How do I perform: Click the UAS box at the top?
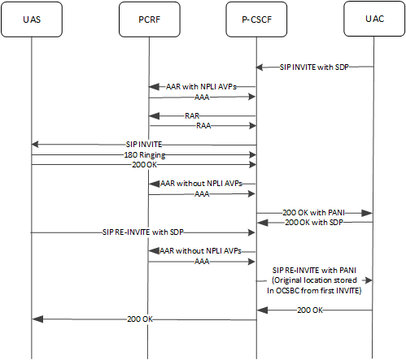(31, 19)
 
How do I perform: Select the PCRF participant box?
(149, 19)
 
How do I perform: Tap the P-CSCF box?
(257, 19)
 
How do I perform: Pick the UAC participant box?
(373, 19)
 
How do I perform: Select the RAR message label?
(192, 115)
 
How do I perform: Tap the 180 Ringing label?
(143, 154)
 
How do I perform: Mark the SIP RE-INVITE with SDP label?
(143, 232)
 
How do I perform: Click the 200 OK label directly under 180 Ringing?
(143, 164)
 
